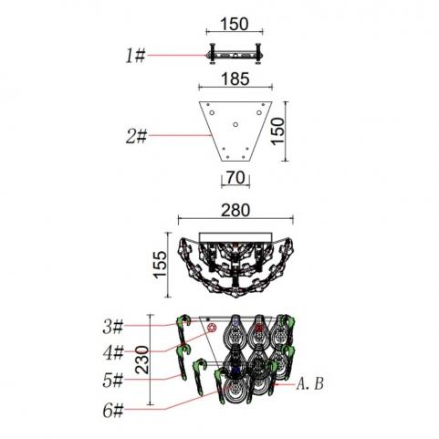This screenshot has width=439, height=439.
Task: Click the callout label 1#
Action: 136,57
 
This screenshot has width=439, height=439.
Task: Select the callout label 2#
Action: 137,136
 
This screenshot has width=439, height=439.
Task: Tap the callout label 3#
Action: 113,327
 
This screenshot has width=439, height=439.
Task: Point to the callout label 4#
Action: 113,353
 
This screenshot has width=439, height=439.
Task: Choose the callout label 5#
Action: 113,381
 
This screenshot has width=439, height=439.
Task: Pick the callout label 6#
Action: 113,411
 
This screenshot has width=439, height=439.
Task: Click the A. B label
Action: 310,384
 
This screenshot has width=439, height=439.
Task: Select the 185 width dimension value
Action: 235,78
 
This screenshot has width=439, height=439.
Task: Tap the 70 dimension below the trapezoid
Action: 235,177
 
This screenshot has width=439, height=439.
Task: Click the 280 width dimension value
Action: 235,210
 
